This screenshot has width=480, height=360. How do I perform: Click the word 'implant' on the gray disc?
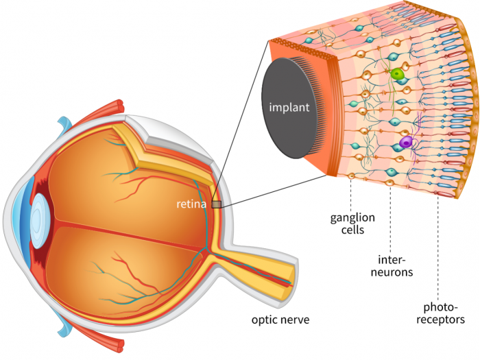(289, 108)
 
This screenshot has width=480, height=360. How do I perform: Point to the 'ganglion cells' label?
(352, 224)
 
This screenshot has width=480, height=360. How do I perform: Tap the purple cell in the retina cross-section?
(407, 143)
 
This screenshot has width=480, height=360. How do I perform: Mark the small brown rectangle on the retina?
(216, 204)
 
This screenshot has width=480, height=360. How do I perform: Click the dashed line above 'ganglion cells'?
(351, 193)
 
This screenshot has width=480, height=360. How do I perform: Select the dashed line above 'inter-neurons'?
(390, 219)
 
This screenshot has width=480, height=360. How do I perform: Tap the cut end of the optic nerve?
(292, 274)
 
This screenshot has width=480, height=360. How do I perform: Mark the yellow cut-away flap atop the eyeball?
(147, 147)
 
